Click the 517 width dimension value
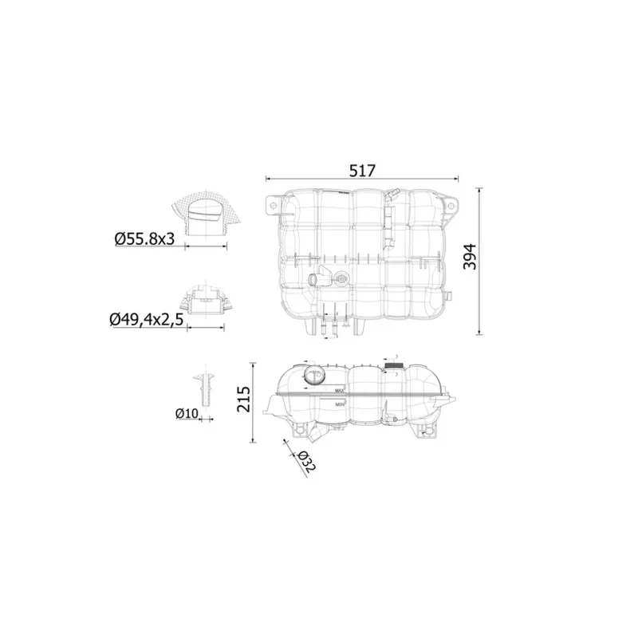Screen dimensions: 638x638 point(361,170)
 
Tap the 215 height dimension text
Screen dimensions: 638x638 point(244,398)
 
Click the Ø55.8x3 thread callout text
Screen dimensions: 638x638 point(144,238)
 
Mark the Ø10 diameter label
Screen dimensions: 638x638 point(186,413)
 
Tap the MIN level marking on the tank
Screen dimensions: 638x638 point(340,405)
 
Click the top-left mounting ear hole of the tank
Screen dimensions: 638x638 point(273,206)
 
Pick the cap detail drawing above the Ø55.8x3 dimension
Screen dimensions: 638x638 point(207,215)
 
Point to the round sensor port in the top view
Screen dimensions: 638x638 point(342,279)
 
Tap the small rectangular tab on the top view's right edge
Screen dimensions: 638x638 point(449,297)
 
